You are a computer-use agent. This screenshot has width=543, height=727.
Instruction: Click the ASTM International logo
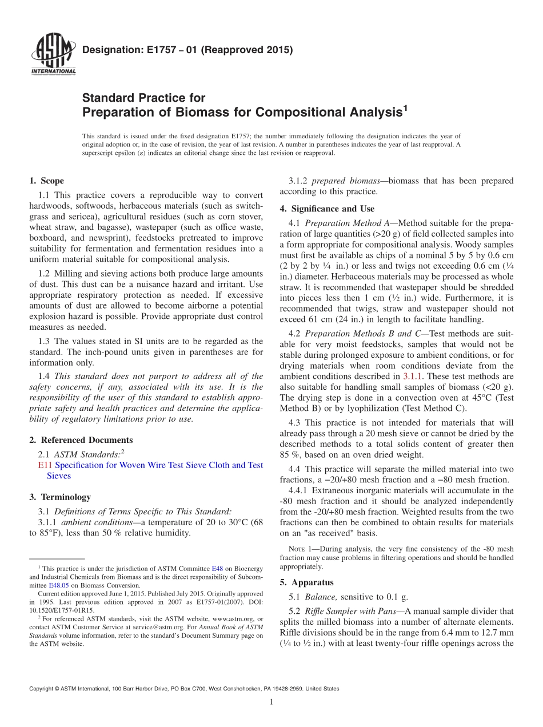pos(53,55)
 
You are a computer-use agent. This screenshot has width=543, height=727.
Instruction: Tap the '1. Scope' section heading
pos(46,181)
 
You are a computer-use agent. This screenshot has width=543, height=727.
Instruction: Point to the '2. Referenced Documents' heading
pos(81,440)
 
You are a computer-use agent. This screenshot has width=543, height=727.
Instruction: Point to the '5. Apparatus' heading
pos(306,583)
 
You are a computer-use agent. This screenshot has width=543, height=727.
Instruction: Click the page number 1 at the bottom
pos(271,702)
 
